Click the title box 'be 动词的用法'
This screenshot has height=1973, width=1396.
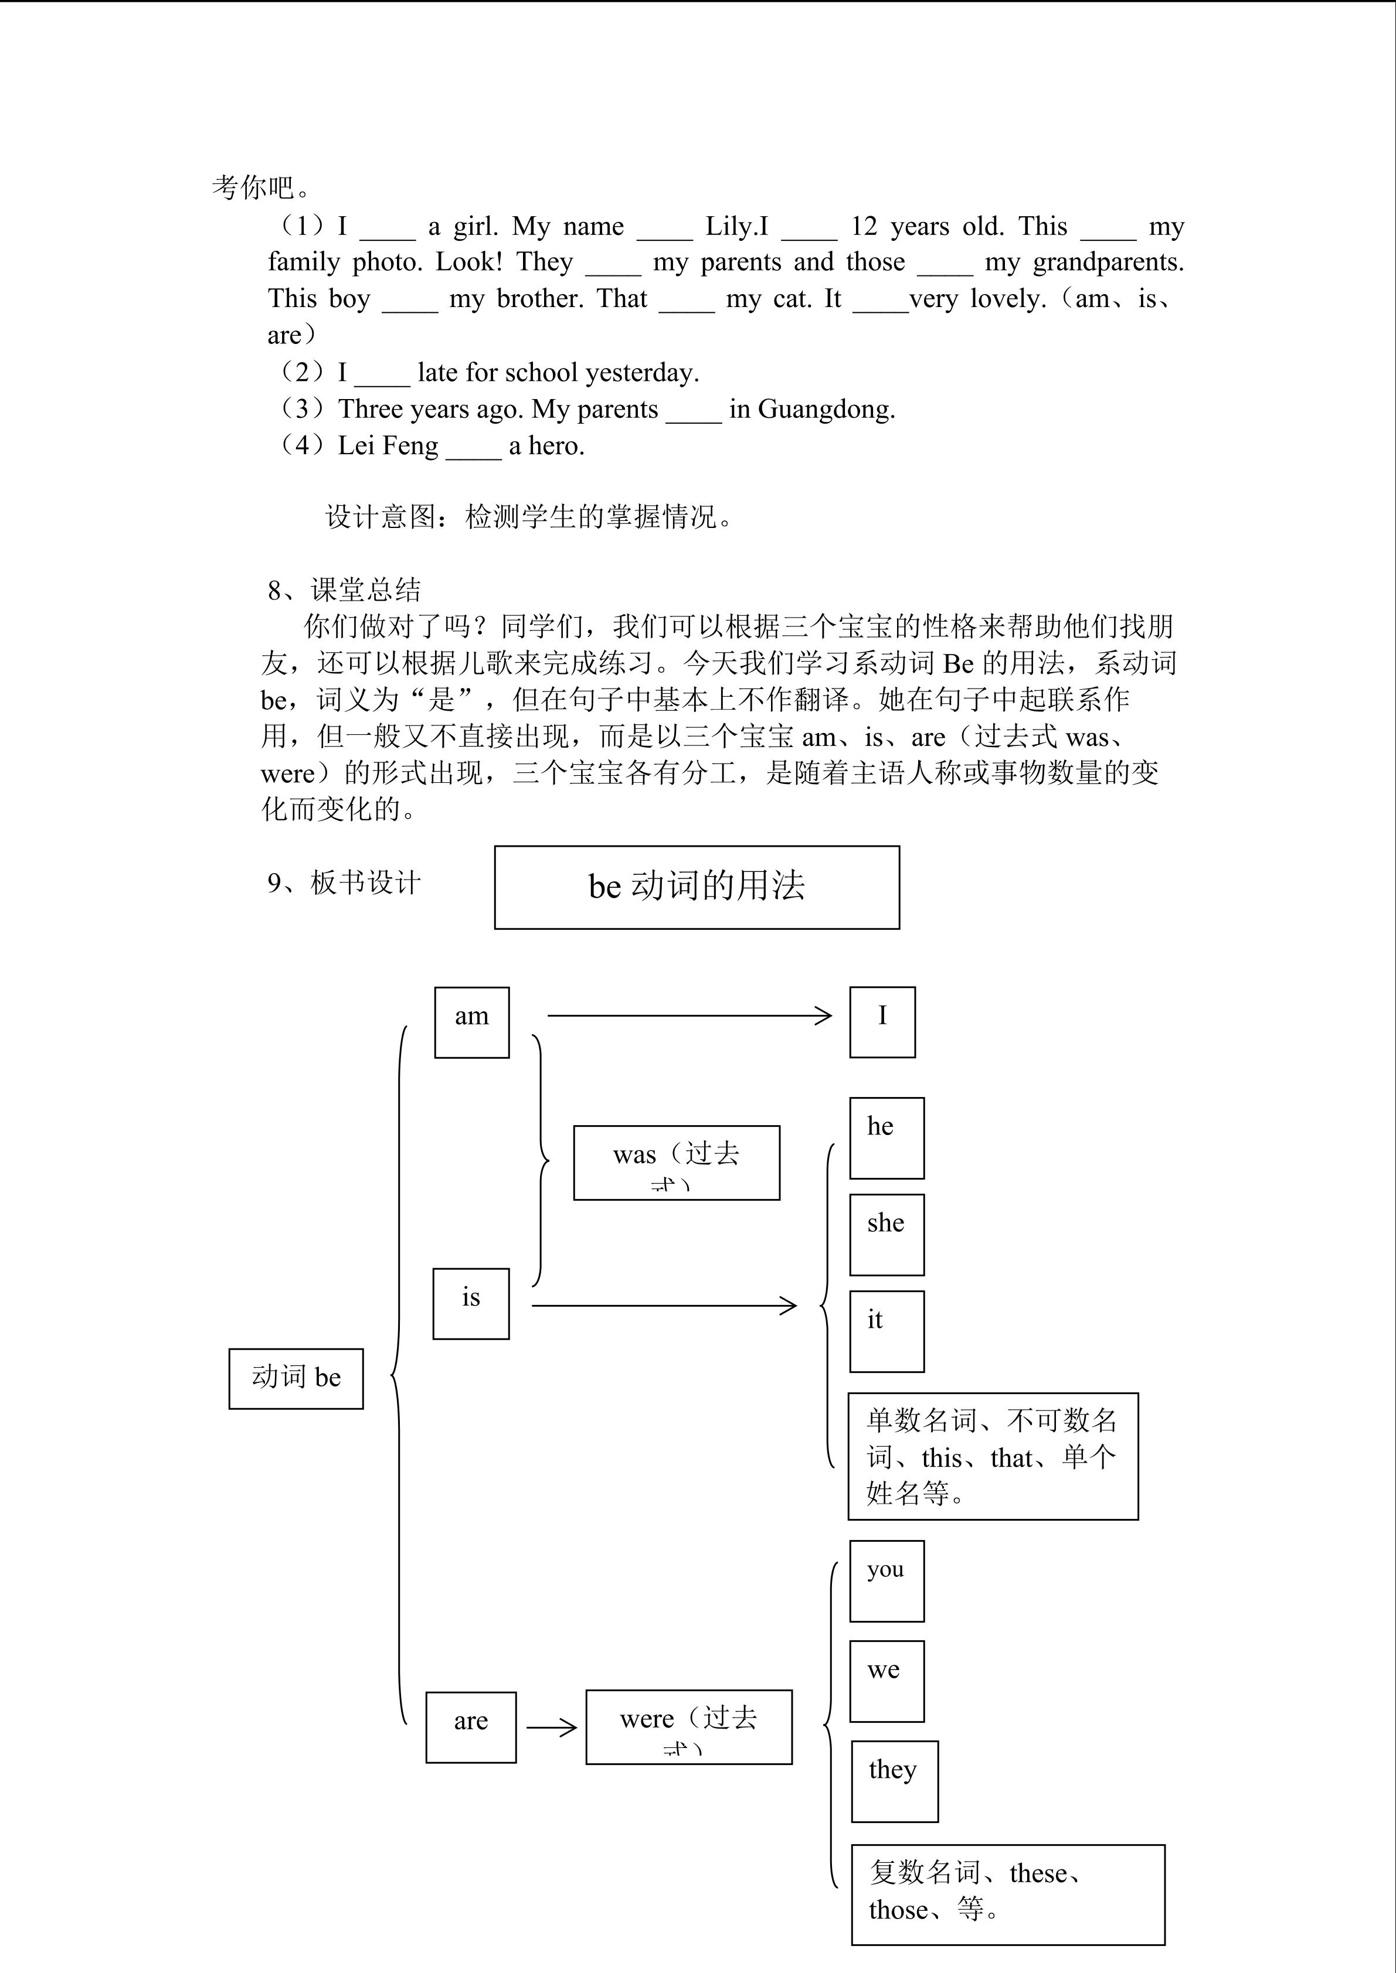(697, 887)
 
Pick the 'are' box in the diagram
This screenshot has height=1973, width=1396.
(470, 1727)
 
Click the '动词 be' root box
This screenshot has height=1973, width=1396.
(295, 1378)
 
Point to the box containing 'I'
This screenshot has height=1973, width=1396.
(882, 1022)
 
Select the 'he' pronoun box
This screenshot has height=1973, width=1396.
(886, 1138)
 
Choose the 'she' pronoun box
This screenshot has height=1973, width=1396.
(886, 1234)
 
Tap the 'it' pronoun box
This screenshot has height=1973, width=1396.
(886, 1331)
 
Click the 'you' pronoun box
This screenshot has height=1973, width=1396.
(886, 1581)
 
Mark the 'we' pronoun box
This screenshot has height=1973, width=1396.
(886, 1681)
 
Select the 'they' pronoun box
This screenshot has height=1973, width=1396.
(894, 1781)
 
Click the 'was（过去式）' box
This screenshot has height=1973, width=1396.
(677, 1162)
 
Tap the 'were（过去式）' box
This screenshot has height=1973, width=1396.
(688, 1727)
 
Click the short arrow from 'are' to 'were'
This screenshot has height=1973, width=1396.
(551, 1727)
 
